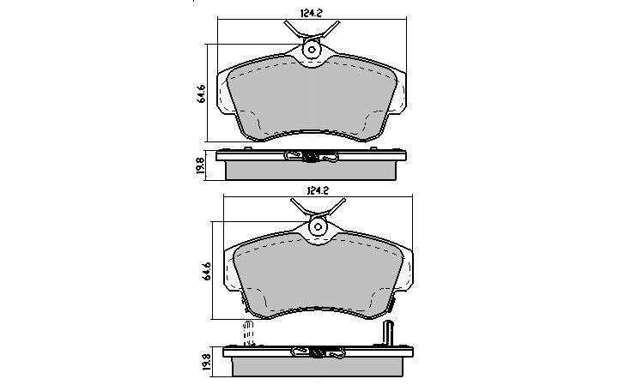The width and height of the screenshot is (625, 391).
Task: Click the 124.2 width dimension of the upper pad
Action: pyautogui.click(x=311, y=13)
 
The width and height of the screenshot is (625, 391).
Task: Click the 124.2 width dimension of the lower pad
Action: pyautogui.click(x=318, y=191)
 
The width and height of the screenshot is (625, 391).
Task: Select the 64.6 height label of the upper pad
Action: pyautogui.click(x=201, y=94)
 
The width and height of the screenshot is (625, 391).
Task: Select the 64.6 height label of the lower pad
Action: pyautogui.click(x=207, y=271)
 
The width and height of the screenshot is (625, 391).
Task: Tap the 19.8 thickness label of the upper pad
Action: pyautogui.click(x=201, y=167)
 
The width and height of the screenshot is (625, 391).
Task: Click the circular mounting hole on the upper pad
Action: pyautogui.click(x=311, y=50)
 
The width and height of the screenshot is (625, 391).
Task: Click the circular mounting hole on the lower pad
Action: pyautogui.click(x=318, y=227)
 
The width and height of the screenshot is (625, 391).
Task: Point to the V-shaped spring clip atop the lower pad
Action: pyautogui.click(x=318, y=208)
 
